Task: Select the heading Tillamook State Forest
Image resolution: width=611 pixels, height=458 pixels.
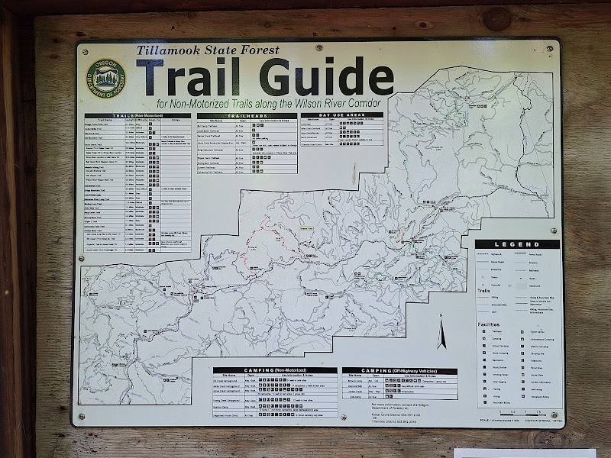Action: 208,50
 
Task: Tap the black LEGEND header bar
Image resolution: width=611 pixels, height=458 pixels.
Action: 516,244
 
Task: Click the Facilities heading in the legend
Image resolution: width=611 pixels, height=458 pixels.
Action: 484,324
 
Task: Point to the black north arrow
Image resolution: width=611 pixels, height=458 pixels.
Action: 441,334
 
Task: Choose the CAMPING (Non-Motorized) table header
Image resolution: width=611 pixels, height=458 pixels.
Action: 274,370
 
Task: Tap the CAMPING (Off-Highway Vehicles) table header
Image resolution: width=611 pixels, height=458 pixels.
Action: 399,371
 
